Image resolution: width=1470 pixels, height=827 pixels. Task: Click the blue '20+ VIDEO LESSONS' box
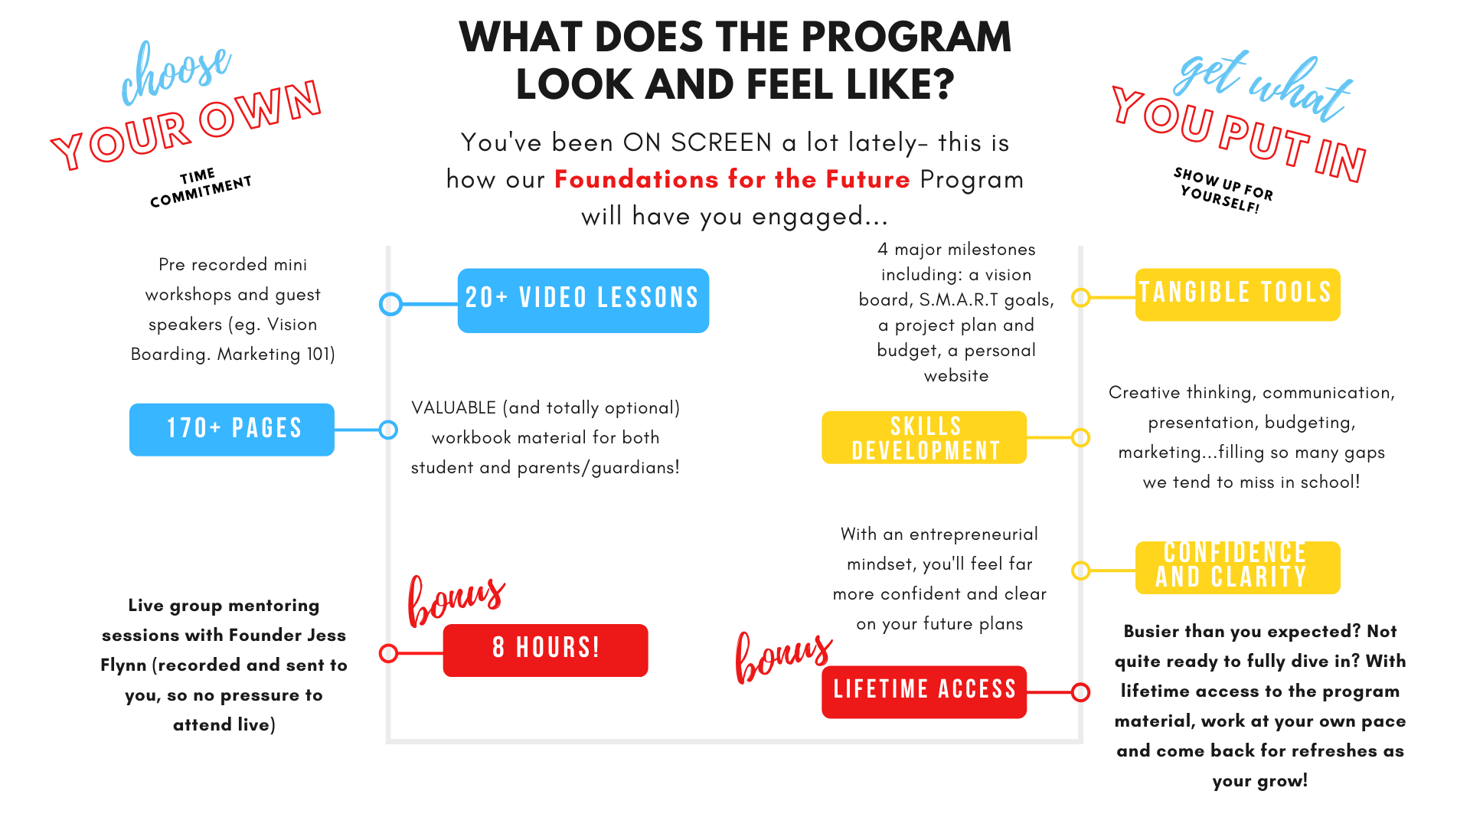[583, 300]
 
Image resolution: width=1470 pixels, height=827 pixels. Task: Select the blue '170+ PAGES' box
[232, 430]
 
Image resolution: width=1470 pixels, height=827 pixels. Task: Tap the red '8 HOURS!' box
[545, 650]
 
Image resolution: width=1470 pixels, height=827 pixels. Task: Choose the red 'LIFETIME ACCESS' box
[923, 691]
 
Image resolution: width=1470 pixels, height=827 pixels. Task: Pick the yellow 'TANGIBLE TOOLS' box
[1237, 294]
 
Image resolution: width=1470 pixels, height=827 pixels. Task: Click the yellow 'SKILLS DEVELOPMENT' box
[923, 437]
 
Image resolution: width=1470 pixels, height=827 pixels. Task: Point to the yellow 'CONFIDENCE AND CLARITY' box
[1237, 567]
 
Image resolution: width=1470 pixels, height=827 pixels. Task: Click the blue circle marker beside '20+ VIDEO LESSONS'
[390, 304]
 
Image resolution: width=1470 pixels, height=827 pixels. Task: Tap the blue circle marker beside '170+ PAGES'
[388, 430]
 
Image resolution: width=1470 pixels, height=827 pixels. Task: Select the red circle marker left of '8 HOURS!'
[388, 653]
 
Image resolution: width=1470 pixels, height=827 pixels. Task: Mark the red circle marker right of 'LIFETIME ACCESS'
[1080, 692]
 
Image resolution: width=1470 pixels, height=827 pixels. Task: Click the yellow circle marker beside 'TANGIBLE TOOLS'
[1080, 297]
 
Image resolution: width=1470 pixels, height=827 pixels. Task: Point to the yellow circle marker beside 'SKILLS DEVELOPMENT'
[1080, 437]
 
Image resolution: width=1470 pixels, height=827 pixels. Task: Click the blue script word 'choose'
[175, 73]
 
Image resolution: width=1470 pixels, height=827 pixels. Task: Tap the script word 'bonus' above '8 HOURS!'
[456, 600]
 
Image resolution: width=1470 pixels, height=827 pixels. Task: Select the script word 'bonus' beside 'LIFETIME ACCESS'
[782, 656]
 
